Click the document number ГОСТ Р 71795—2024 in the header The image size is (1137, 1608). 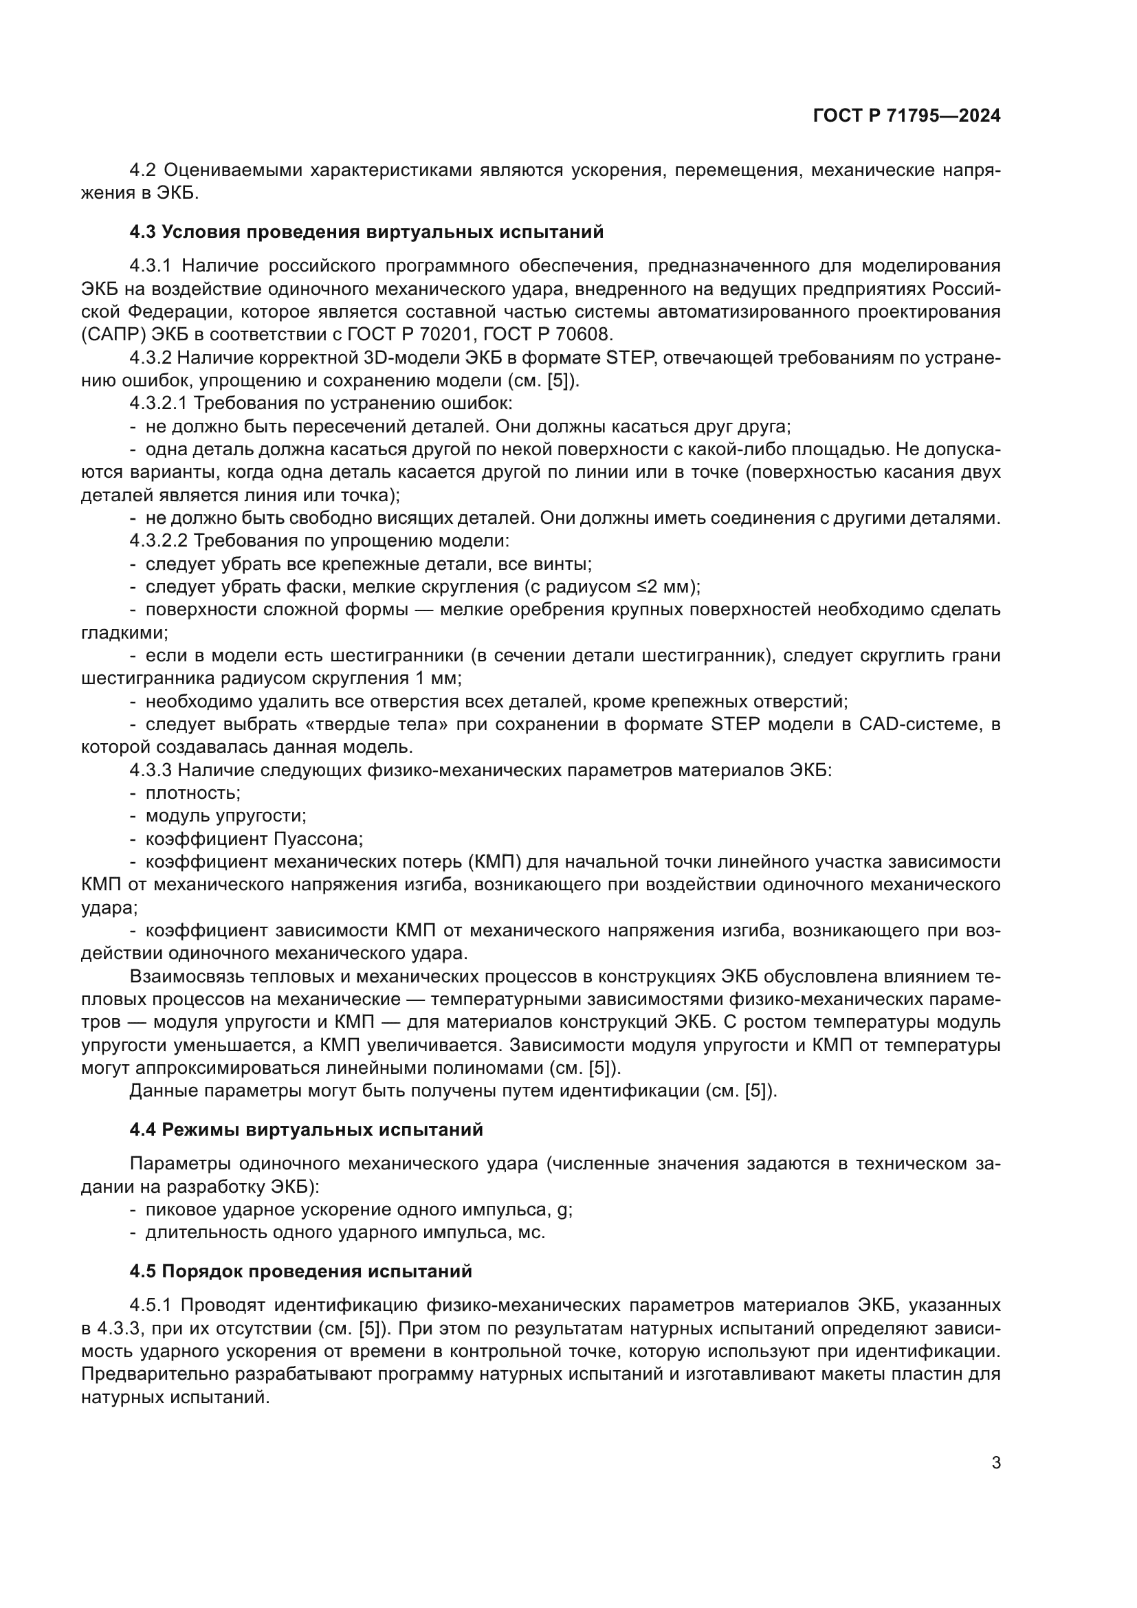tap(907, 116)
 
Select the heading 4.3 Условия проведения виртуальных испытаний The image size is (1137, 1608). tap(366, 232)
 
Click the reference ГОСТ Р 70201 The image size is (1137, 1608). tap(411, 335)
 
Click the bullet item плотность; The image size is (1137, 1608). tap(192, 793)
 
